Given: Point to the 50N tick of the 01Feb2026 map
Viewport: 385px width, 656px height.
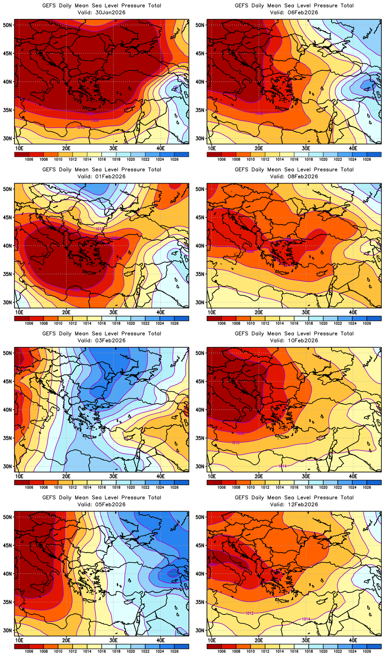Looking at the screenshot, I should click(8, 189).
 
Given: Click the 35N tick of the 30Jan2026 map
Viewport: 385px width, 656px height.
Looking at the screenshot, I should click(8, 110).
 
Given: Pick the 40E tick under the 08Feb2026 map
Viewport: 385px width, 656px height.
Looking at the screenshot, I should click(353, 312).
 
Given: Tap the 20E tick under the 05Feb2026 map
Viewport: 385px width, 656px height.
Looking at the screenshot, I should click(66, 640).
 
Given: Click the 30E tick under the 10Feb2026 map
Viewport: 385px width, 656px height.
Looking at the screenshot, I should click(306, 476).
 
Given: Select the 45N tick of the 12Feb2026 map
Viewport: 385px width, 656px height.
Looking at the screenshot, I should click(200, 545).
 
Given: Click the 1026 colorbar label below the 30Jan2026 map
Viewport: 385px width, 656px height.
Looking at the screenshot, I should click(174, 160).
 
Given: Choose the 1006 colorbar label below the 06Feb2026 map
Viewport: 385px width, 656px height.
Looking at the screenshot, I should click(222, 160).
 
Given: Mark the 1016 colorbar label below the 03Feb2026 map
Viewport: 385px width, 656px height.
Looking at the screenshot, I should click(102, 488).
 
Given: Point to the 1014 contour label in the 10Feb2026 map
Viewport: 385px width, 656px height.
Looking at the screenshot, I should click(282, 466).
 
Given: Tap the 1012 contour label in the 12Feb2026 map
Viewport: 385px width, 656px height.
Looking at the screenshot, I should click(249, 613).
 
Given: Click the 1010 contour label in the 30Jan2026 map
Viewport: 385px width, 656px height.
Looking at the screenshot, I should click(80, 128).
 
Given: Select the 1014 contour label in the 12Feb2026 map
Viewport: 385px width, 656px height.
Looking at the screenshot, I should click(306, 619).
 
